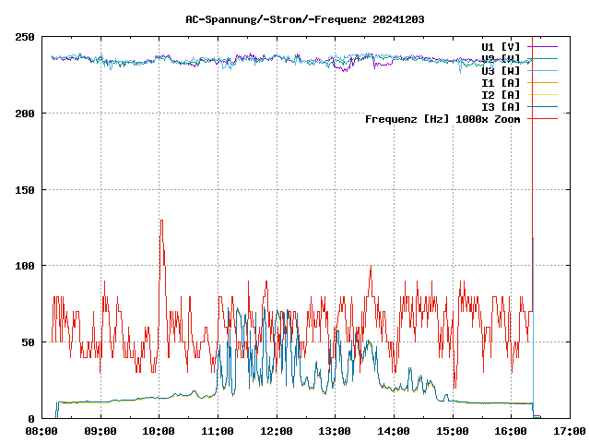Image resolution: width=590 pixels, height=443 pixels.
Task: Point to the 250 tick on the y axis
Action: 25,37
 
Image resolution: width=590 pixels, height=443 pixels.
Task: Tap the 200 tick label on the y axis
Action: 25,114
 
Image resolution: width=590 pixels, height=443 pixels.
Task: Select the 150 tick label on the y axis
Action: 25,190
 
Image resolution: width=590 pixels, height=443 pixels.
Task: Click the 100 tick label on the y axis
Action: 25,266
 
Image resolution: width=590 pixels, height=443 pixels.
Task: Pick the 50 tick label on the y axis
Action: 28,342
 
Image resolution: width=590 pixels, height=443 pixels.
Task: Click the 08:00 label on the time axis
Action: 41,431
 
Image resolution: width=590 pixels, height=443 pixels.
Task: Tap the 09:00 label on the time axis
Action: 100,431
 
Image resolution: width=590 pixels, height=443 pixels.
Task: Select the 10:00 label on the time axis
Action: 159,431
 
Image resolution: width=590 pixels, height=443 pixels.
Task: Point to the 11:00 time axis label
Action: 218,431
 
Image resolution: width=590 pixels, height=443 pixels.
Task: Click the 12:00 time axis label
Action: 277,431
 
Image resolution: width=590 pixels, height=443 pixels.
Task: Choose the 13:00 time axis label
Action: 335,431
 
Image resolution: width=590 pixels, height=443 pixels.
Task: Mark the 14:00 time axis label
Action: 394,431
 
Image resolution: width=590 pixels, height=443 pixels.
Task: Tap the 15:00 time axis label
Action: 453,431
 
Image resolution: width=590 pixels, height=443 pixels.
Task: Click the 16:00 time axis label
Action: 511,431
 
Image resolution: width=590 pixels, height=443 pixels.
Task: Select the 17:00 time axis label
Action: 570,431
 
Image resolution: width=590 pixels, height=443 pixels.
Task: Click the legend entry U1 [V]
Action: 501,46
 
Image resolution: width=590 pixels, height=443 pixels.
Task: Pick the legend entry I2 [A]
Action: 501,94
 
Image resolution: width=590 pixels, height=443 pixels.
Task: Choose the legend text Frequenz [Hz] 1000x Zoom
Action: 442,118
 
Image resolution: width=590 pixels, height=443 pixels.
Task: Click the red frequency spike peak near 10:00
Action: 160,221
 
